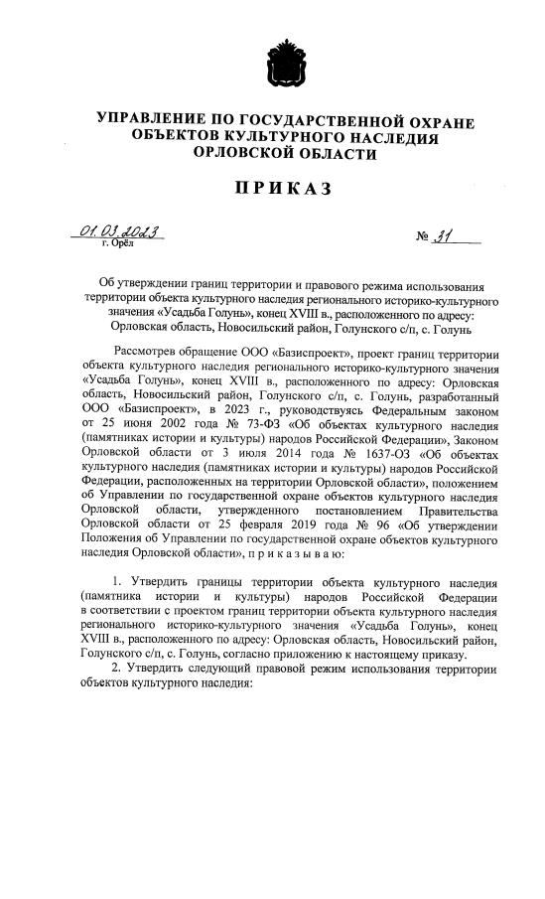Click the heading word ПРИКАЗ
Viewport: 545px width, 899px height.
coord(274,188)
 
